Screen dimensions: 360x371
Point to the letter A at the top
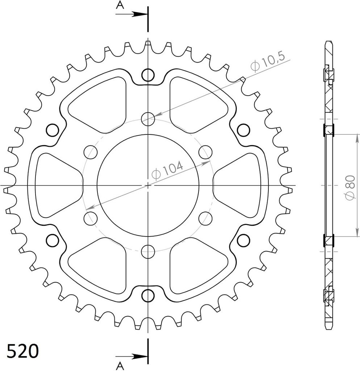pos(120,5)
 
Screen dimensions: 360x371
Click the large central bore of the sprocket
pos(148,185)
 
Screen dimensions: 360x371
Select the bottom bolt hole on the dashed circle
pos(148,251)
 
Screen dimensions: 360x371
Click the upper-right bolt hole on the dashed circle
pos(205,152)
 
